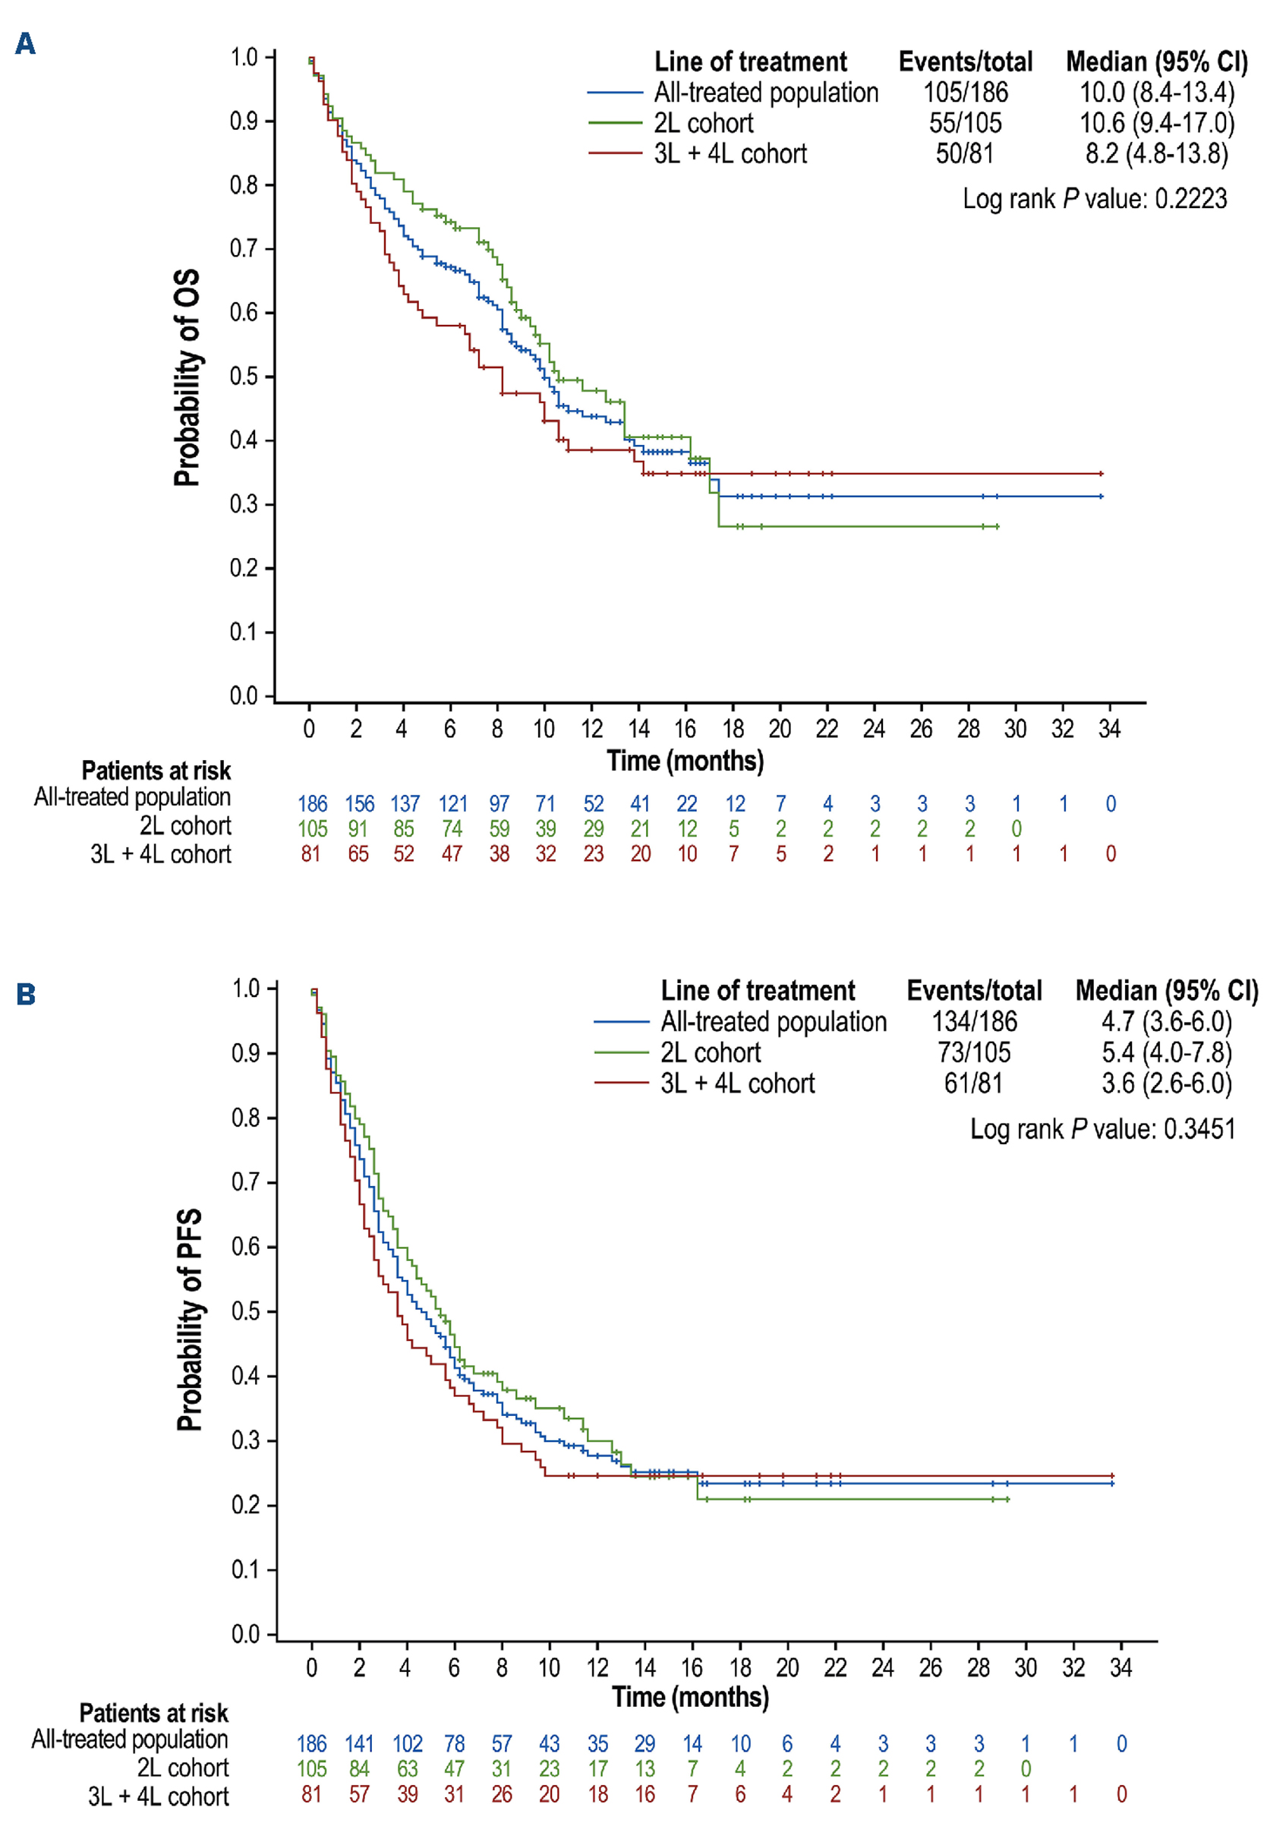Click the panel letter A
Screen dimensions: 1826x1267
point(25,44)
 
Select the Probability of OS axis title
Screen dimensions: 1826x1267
point(188,378)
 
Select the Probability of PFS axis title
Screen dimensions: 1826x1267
point(190,1320)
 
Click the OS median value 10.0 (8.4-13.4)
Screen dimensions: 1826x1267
point(1157,93)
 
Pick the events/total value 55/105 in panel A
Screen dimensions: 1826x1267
point(966,123)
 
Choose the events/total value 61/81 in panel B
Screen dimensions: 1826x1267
point(973,1083)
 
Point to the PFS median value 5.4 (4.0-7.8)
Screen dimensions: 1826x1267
point(1166,1053)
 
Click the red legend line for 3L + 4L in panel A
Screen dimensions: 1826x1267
point(615,153)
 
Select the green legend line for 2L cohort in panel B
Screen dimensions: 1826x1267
point(622,1053)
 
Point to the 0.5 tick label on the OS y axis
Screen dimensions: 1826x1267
point(244,377)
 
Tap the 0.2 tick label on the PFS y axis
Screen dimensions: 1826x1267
point(246,1505)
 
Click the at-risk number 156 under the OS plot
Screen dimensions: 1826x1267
point(360,803)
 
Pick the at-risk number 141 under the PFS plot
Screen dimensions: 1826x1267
point(360,1743)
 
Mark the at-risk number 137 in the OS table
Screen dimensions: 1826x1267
point(405,803)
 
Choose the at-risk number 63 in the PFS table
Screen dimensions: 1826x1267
point(407,1769)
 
